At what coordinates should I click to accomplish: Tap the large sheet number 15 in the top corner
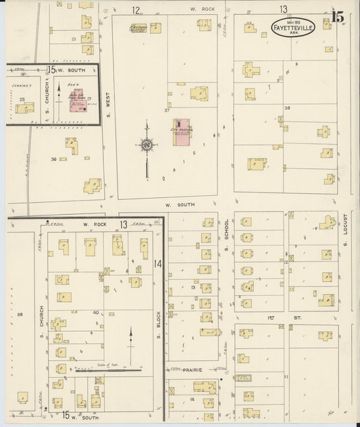point(336,14)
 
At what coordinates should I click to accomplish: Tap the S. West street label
point(107,99)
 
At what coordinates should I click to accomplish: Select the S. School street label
point(228,231)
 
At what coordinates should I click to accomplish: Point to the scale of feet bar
point(108,370)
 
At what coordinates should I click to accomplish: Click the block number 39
point(20,315)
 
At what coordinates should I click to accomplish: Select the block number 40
point(96,312)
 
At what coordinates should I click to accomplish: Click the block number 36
point(53,159)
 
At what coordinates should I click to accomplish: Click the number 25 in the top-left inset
point(22,99)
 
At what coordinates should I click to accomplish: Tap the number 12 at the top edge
point(136,10)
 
